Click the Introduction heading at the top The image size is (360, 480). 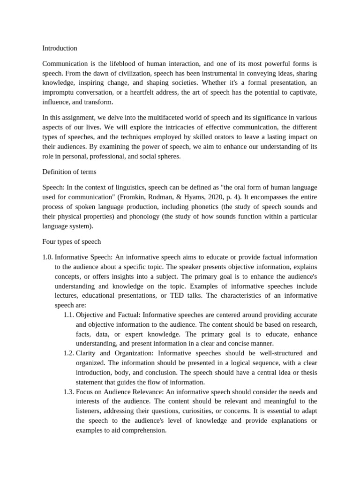coord(60,48)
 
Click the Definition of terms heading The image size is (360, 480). coord(69,172)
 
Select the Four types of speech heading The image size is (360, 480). coord(72,242)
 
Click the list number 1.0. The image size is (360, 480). coord(48,257)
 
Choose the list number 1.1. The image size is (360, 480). coord(68,315)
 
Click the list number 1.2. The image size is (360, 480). coord(68,353)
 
